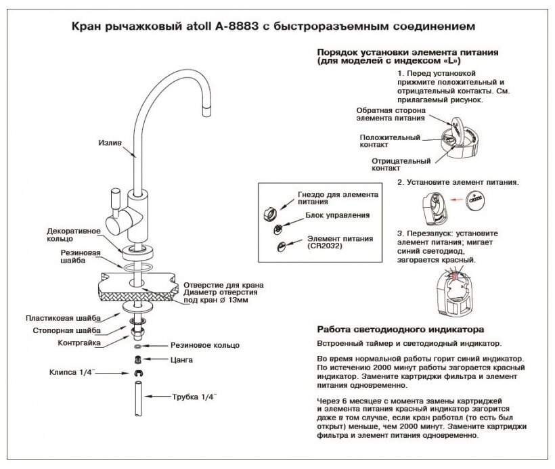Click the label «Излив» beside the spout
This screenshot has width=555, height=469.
109,143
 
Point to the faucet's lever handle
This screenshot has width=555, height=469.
114,202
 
